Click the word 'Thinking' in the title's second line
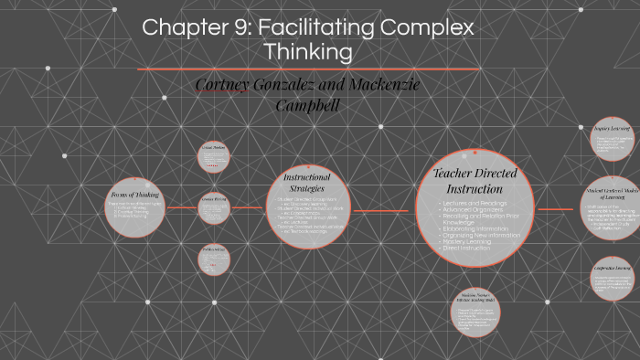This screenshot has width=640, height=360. click(x=308, y=52)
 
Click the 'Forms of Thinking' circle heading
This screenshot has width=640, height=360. click(x=135, y=195)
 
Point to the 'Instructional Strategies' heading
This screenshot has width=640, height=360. click(x=307, y=182)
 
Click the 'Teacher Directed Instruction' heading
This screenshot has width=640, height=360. click(x=474, y=181)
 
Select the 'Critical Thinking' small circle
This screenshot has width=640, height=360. click(x=214, y=160)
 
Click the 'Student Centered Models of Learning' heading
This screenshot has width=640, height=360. click(x=612, y=194)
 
